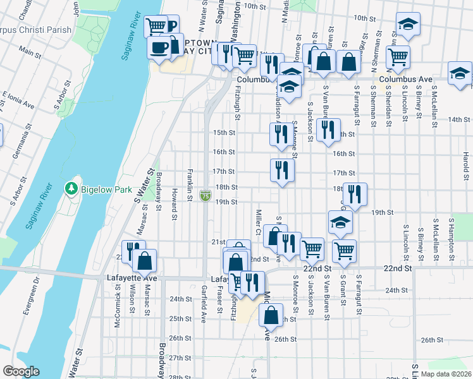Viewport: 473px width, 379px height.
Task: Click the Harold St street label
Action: [x=465, y=164]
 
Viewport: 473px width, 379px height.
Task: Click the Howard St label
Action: [x=174, y=203]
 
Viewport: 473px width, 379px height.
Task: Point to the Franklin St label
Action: [x=189, y=185]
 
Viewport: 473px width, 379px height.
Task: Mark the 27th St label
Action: [x=184, y=358]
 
